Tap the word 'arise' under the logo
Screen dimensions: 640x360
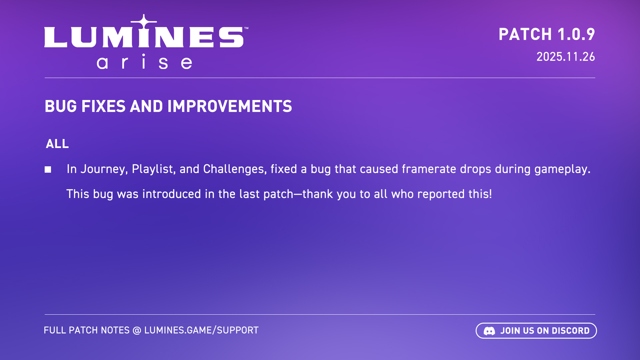point(144,62)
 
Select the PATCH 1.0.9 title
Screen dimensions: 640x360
point(547,34)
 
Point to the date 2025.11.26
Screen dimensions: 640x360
point(565,57)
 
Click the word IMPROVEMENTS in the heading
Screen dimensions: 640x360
point(230,106)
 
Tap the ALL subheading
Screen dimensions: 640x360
point(57,144)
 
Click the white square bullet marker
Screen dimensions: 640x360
point(48,170)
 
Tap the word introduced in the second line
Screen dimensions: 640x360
point(172,194)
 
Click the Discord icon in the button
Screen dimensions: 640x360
point(489,331)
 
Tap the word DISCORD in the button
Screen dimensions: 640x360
point(571,331)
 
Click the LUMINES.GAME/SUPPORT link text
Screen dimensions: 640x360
point(201,330)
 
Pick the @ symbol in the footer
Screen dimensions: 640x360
point(137,331)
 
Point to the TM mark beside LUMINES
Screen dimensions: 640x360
point(246,28)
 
